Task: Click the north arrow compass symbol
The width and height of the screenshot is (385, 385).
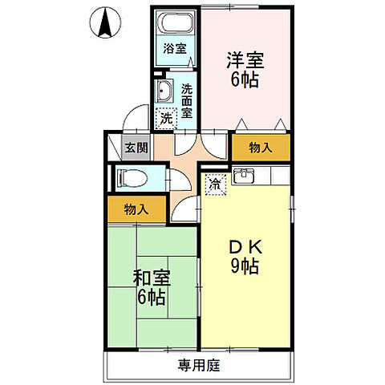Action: click(x=104, y=23)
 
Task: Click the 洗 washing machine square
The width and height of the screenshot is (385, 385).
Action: click(x=164, y=119)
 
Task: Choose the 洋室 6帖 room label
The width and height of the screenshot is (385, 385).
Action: click(x=245, y=68)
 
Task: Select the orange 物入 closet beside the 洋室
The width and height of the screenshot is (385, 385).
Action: click(x=261, y=148)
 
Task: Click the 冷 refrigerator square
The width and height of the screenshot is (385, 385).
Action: click(x=215, y=184)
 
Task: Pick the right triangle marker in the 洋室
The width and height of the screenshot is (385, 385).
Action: click(x=278, y=123)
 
